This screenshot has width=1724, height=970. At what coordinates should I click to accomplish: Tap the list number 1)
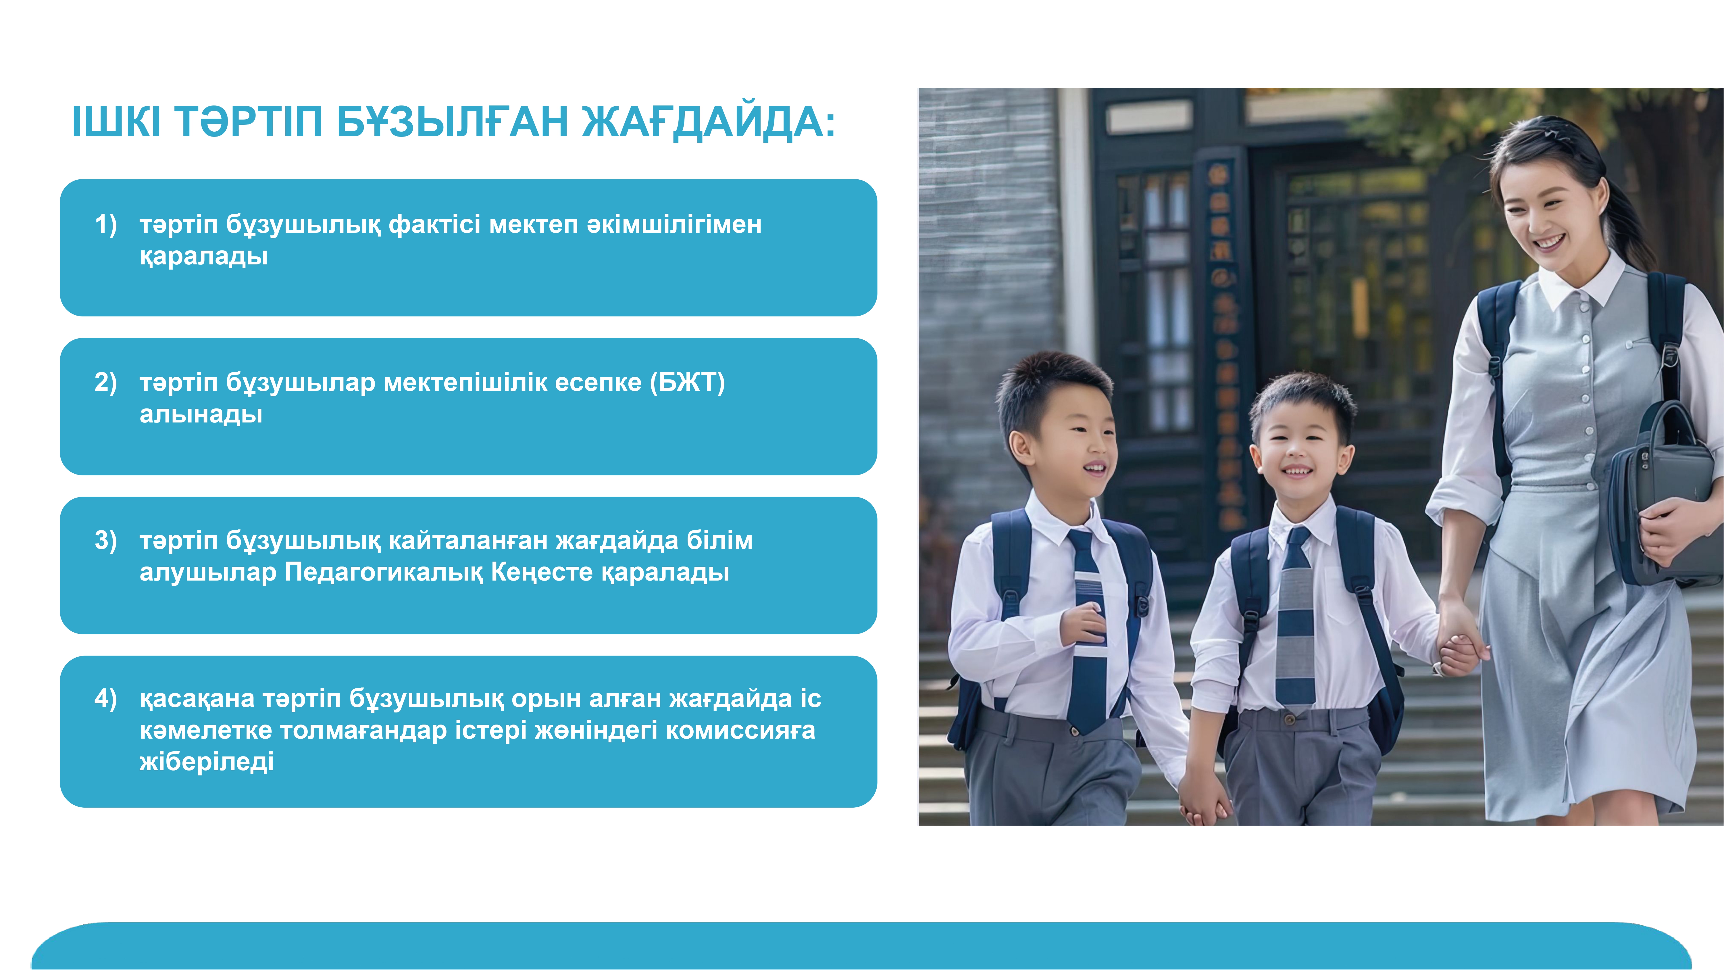106,224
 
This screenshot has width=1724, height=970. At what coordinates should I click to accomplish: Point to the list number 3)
106,540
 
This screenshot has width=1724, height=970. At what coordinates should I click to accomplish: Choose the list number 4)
106,698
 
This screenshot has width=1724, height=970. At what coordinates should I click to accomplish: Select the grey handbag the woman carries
1660,495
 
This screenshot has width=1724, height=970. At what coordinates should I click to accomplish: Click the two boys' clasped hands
1205,800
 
